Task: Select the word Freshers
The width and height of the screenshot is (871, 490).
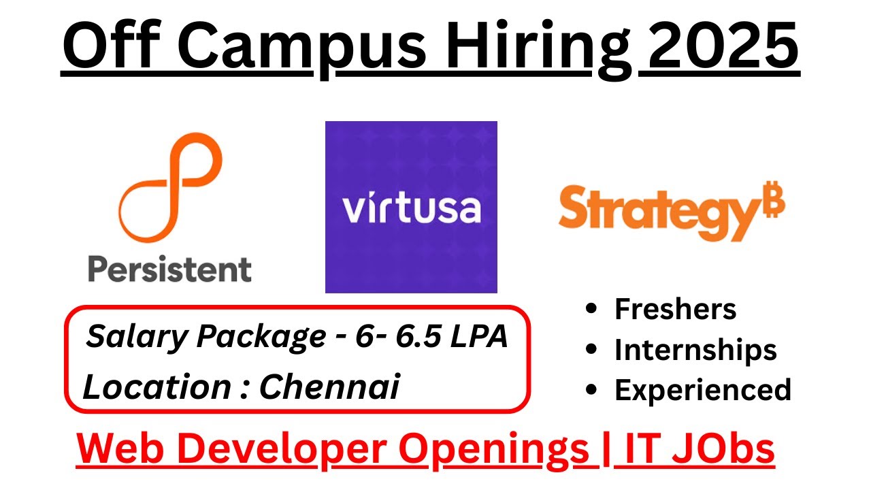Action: tap(675, 310)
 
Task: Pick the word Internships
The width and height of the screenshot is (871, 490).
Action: tap(695, 350)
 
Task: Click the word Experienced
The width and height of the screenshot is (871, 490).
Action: tap(703, 390)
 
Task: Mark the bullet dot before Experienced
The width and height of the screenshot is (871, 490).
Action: tap(592, 391)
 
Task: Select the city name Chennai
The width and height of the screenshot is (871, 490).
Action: tap(329, 387)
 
